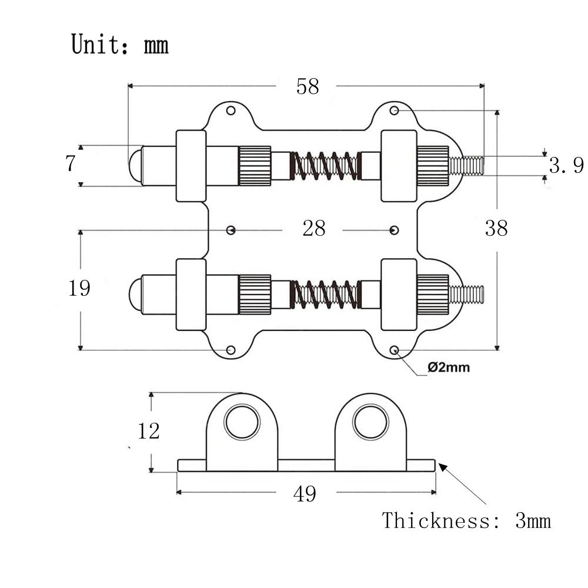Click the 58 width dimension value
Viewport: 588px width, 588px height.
[308, 86]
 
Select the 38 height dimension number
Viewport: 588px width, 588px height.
[496, 228]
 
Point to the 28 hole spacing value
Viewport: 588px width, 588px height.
[314, 228]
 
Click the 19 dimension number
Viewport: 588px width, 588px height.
[79, 288]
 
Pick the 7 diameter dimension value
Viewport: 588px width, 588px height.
[71, 163]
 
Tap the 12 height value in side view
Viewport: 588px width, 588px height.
[149, 431]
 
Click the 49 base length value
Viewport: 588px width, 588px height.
[305, 493]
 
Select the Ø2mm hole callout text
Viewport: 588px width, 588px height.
[449, 367]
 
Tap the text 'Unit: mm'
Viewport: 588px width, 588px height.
[119, 44]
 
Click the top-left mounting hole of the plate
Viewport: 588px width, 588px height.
[231, 111]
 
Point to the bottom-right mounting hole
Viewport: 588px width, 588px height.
[394, 350]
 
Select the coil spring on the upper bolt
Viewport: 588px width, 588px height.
[325, 166]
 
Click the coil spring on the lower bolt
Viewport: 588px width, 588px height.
[325, 295]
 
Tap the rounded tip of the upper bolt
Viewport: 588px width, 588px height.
[135, 166]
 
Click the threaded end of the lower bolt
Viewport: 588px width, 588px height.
[466, 295]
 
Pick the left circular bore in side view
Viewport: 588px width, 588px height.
[242, 422]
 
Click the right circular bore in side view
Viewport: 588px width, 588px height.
[370, 422]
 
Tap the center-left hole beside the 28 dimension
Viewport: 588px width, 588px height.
[231, 230]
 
